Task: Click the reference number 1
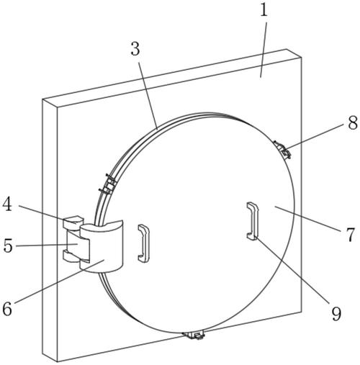click(264, 10)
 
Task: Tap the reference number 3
click(135, 49)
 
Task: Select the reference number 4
click(7, 204)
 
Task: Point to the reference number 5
click(8, 245)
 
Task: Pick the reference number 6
click(7, 308)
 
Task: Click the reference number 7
click(350, 235)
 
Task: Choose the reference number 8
click(353, 124)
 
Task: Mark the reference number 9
click(336, 313)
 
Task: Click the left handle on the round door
click(144, 243)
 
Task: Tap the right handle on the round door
click(253, 220)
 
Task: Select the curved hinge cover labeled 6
click(102, 246)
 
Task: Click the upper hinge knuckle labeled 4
click(73, 222)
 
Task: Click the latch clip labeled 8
click(282, 150)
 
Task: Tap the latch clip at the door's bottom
click(194, 335)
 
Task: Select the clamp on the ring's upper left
click(108, 184)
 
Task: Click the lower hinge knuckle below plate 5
click(71, 256)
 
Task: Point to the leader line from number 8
click(316, 136)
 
